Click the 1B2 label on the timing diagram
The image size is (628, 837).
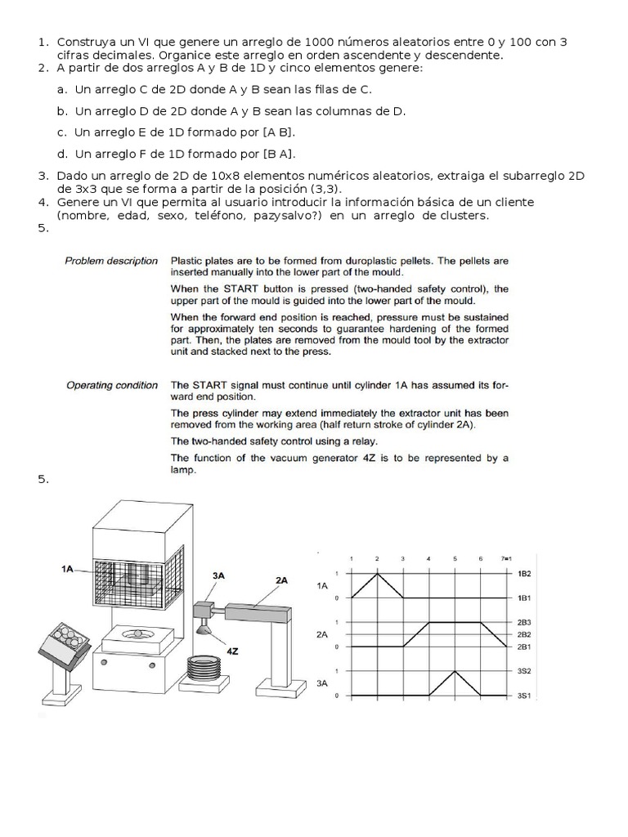tap(525, 575)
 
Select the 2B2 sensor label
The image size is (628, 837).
tap(525, 634)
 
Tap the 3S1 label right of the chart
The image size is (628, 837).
tap(525, 696)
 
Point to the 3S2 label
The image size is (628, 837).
tap(525, 671)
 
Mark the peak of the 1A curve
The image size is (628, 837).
tap(377, 574)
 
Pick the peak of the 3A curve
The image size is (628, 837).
tap(455, 672)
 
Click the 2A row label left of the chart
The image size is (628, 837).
tap(322, 633)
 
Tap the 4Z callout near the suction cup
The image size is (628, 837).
tap(233, 651)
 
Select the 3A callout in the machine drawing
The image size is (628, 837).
tap(218, 575)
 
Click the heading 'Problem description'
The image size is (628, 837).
tap(111, 261)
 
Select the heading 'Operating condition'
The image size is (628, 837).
tap(112, 385)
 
